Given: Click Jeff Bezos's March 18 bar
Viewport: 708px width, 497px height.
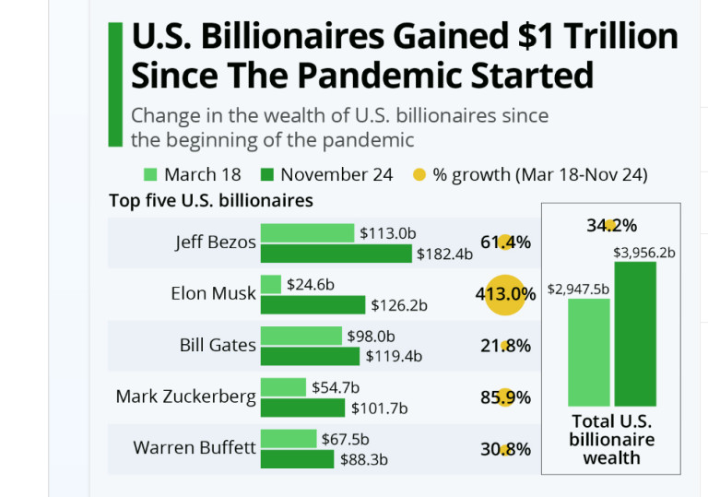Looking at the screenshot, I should (308, 232).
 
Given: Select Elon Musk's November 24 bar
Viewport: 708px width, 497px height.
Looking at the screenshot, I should (313, 304).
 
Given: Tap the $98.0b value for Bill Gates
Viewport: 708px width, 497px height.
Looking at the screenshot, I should (371, 337).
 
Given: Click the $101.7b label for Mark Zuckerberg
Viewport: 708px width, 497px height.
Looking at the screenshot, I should (379, 408).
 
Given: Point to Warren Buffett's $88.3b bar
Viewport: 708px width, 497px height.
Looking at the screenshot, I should (298, 459).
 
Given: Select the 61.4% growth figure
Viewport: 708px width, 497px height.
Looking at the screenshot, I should (505, 243).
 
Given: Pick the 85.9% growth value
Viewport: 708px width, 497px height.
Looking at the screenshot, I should (505, 398).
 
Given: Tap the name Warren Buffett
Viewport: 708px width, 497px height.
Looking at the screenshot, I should (195, 448).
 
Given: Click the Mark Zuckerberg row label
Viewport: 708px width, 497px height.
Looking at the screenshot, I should (185, 396).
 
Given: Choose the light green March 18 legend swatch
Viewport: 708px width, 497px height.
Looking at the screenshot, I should (152, 174).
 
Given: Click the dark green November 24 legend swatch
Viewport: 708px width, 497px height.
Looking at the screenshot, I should (268, 174).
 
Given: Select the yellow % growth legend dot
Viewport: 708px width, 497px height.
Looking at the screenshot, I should (419, 174).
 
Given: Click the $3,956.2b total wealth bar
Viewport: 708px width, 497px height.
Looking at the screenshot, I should (635, 334).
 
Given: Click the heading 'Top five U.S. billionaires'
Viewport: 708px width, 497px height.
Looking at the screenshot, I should (210, 200).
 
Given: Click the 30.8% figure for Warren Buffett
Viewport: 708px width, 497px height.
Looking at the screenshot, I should (505, 449).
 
